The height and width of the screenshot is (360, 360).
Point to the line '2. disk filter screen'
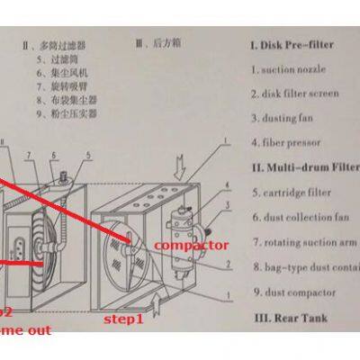pyautogui.click(x=297, y=94)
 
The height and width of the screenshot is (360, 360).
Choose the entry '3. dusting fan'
pyautogui.click(x=284, y=118)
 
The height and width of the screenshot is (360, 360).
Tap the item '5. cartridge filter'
pyautogui.click(x=292, y=192)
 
